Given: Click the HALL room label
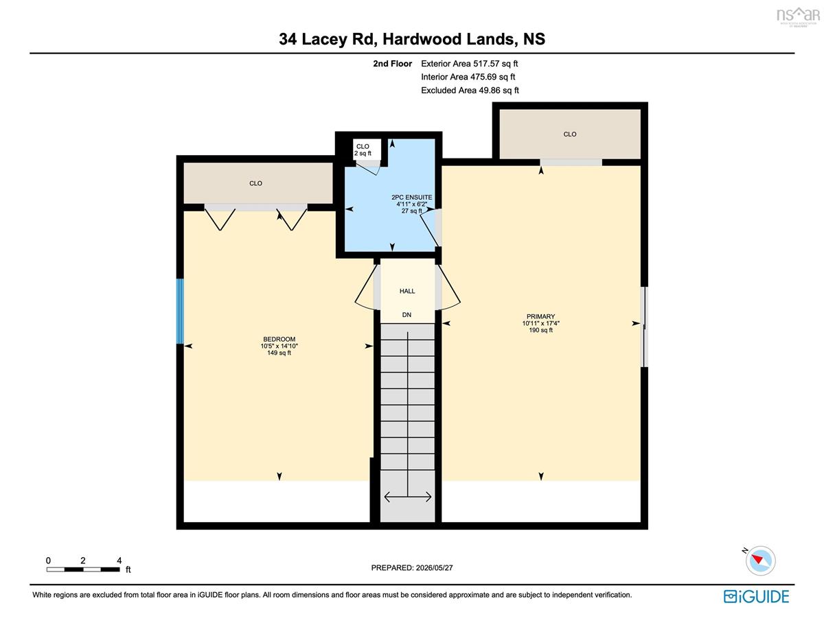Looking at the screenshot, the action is click(407, 291).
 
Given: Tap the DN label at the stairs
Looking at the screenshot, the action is click(407, 315).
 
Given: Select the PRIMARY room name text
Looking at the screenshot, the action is click(540, 316).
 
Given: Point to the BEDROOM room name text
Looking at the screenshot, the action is click(279, 339).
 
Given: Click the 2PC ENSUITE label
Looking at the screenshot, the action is click(412, 198).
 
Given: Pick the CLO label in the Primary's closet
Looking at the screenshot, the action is click(569, 134).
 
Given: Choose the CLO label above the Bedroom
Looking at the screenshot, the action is click(255, 183).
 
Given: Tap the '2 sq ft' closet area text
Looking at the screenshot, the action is click(363, 154).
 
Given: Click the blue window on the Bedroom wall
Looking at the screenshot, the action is click(180, 311).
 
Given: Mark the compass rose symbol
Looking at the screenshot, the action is click(760, 561).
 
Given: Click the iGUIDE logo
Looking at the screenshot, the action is click(757, 597).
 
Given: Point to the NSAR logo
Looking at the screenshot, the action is click(798, 16).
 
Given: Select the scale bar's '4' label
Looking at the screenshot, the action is click(119, 561).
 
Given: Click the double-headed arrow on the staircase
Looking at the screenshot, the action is click(408, 497).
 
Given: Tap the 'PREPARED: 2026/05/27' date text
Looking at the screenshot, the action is click(412, 568).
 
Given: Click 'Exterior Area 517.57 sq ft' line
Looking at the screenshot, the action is click(469, 64).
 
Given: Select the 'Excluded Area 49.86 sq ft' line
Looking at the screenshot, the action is click(470, 90).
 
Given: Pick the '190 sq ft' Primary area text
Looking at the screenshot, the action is click(540, 330).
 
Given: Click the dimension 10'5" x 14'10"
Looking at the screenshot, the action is click(279, 346).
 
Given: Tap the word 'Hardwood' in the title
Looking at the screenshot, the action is click(422, 39).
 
